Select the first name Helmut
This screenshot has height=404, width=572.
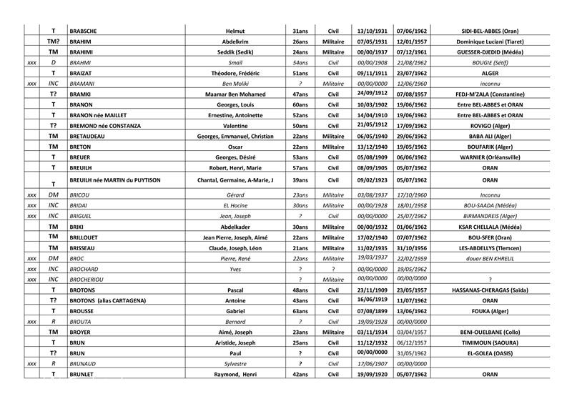pyautogui.click(x=236, y=31)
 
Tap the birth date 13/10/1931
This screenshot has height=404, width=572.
pyautogui.click(x=371, y=31)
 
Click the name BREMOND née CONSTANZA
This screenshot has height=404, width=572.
pyautogui.click(x=105, y=126)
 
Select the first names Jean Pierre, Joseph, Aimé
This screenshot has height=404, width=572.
pyautogui.click(x=236, y=237)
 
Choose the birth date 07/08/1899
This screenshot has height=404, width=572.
pyautogui.click(x=371, y=312)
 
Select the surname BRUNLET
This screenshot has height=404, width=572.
pyautogui.click(x=84, y=375)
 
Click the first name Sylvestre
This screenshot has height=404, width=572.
pyautogui.click(x=236, y=364)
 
